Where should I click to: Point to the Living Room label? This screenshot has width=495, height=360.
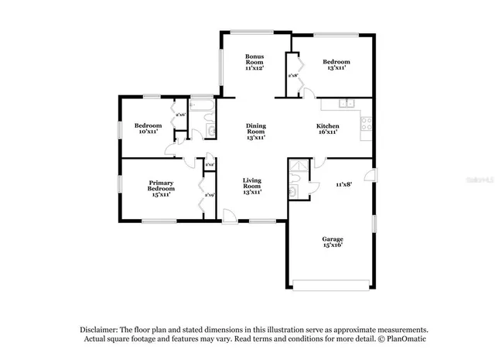pyautogui.click(x=251, y=186)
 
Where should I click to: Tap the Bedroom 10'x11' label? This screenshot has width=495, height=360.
pyautogui.click(x=147, y=129)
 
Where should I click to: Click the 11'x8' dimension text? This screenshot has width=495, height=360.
pyautogui.click(x=345, y=185)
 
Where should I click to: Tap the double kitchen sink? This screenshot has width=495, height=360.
pyautogui.click(x=346, y=103)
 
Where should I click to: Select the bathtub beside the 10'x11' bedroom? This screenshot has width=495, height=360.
pyautogui.click(x=201, y=106)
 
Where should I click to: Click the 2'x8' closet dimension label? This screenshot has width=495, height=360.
pyautogui.click(x=293, y=75)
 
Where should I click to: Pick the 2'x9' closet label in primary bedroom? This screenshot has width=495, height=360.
pyautogui.click(x=209, y=195)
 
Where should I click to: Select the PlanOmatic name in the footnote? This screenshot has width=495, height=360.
pyautogui.click(x=406, y=339)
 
